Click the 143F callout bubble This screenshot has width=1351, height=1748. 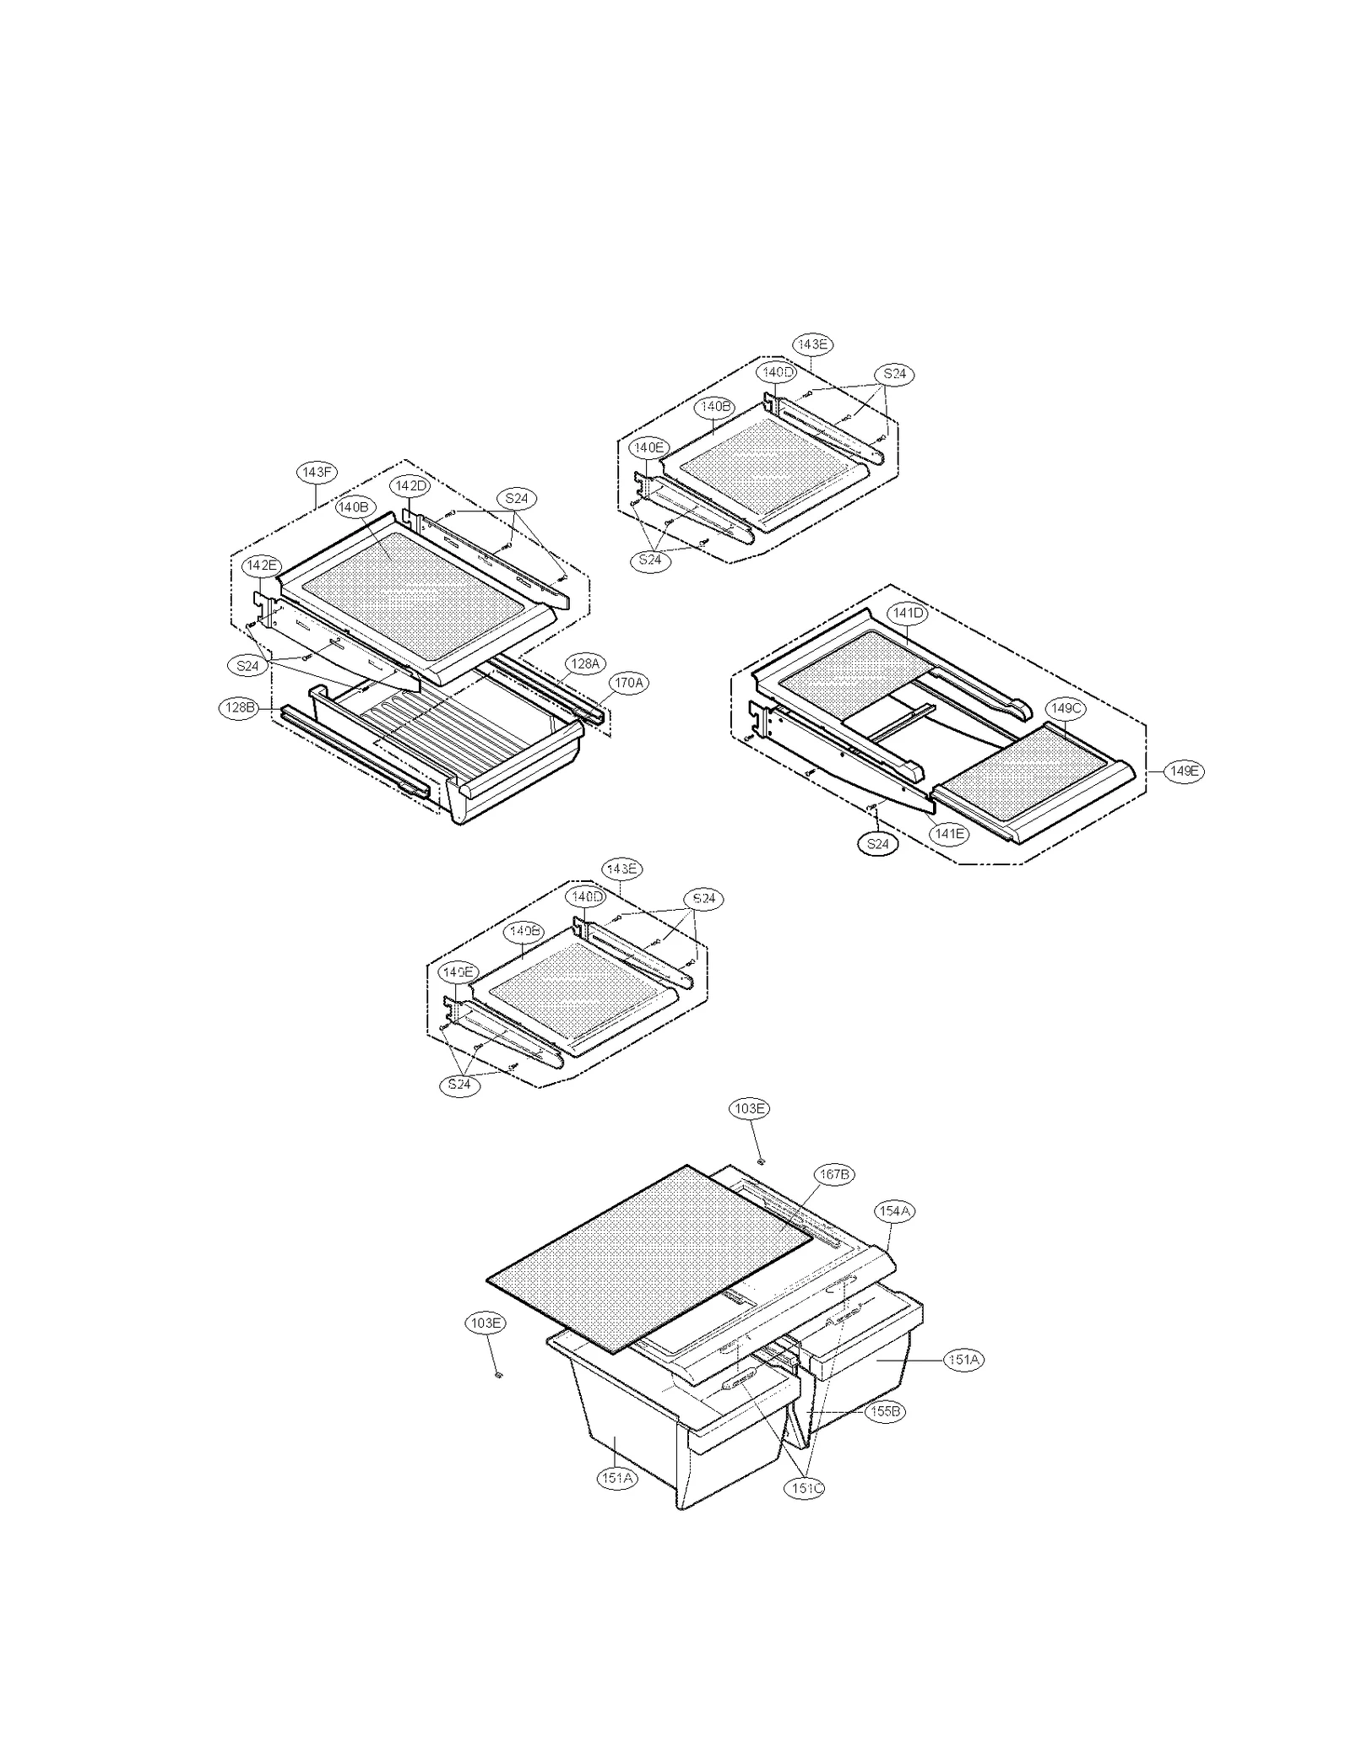(317, 473)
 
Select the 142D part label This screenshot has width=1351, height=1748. (411, 486)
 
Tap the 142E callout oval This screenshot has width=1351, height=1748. (261, 565)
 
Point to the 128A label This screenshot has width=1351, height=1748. (584, 664)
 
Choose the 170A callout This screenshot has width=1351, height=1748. (628, 682)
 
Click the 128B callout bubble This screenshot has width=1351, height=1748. (239, 707)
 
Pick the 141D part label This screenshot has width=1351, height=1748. (907, 613)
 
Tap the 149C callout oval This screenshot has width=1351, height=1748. (1066, 708)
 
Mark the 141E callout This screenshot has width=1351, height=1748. (949, 834)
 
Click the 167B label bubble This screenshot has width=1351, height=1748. (833, 1174)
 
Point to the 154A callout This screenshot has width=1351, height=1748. (894, 1211)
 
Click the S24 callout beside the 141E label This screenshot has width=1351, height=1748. (878, 843)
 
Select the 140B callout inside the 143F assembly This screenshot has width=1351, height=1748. (353, 507)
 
